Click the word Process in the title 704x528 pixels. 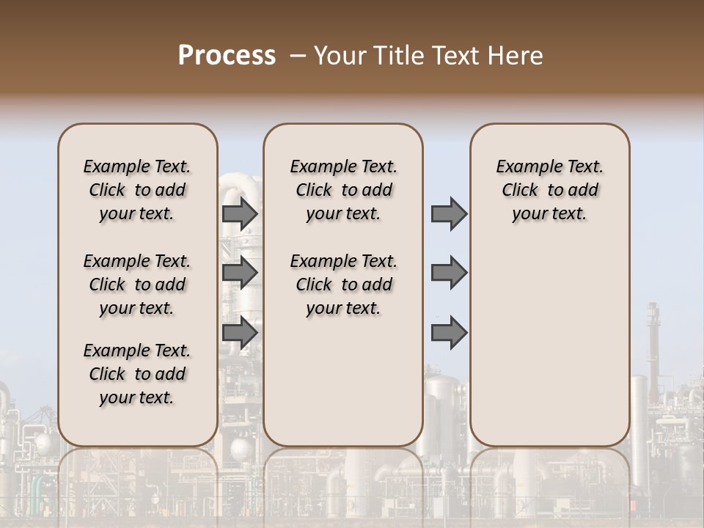[x=227, y=56]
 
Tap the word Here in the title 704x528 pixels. [x=516, y=56]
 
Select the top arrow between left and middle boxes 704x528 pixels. [x=240, y=214]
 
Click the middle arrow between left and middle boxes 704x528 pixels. [x=240, y=273]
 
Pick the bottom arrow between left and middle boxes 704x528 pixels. [x=240, y=332]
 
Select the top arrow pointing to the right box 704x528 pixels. [x=449, y=214]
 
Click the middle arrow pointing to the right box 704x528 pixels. [x=449, y=273]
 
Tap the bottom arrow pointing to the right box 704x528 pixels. [x=449, y=332]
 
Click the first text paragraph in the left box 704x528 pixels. [x=137, y=190]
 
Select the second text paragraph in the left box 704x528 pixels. [x=137, y=285]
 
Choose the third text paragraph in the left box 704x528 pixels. [x=137, y=374]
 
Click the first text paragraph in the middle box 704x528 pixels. [x=343, y=190]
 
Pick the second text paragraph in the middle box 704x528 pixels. [x=343, y=285]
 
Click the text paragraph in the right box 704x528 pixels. [x=550, y=190]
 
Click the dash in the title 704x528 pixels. [x=296, y=56]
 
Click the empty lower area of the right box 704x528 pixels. [x=550, y=345]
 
